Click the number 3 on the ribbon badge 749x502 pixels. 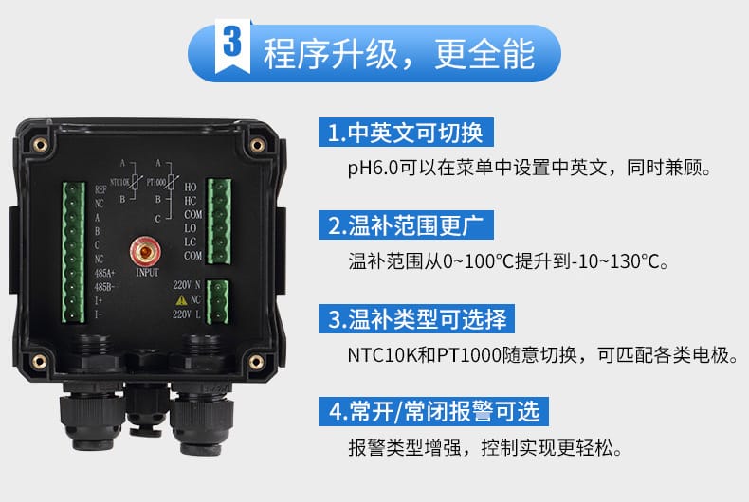pos(232,42)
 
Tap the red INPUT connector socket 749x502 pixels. pos(145,251)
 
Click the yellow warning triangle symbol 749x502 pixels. pos(181,300)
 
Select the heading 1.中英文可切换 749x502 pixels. pos(406,133)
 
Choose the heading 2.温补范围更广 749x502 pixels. pos(406,225)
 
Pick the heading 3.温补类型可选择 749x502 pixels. pos(416,319)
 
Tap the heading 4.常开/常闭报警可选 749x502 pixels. pos(433,411)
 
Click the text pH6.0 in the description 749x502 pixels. pos(373,169)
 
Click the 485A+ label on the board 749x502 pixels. pos(104,274)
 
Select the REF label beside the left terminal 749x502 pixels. pos(100,189)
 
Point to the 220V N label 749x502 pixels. pos(186,285)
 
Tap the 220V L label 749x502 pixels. pos(186,314)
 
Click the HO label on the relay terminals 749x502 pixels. pos(191,187)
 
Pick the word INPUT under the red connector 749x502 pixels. pos(147,273)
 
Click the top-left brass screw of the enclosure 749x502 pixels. pos(40,144)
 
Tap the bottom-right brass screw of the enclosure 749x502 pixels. pos(256,362)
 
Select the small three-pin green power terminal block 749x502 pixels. pos(217,301)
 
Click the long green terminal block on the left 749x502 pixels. pos(74,253)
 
